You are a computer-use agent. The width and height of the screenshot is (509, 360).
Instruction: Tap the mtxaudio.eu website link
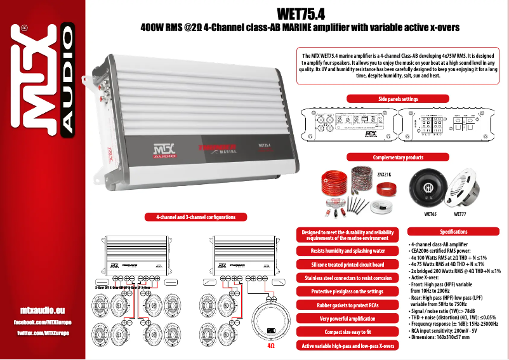click(x=43, y=310)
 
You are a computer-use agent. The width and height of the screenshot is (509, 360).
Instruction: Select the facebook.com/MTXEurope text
click(x=43, y=323)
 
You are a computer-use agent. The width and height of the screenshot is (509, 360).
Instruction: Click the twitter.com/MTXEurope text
click(x=43, y=333)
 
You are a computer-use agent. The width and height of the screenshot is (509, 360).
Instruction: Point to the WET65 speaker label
click(x=430, y=215)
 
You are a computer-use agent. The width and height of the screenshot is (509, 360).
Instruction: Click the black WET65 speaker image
click(x=430, y=188)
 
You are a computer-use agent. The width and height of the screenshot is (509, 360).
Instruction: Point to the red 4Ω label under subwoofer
click(x=271, y=347)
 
